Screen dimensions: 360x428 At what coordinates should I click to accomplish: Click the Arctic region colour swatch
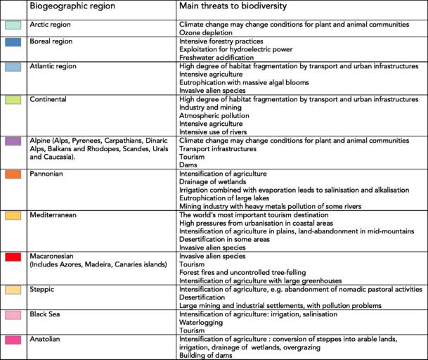13,24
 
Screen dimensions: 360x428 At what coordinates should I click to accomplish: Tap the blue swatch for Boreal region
13,42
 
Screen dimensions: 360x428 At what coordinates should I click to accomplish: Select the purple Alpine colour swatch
13,141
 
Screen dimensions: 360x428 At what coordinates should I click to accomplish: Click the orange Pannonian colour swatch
13,174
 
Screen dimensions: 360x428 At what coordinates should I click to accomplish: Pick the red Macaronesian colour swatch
13,257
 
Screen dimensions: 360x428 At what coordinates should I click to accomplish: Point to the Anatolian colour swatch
13,340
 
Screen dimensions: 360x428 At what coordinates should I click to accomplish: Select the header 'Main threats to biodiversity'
238,8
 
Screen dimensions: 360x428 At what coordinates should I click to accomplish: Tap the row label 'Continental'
51,100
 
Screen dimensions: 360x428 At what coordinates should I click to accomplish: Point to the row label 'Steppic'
44,289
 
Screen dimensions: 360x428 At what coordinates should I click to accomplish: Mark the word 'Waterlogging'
203,322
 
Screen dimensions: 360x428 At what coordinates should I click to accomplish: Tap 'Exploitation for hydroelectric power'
235,50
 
